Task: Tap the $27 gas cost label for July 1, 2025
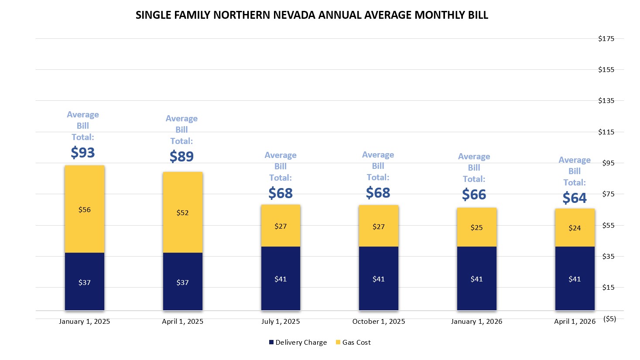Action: pos(281,226)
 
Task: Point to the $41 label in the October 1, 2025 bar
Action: pos(379,279)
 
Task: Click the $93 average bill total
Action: pos(83,152)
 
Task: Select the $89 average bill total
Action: pos(181,156)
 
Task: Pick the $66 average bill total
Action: pos(474,194)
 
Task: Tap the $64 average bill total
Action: pos(575,198)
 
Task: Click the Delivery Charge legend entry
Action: pos(298,343)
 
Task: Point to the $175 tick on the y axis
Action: pos(606,38)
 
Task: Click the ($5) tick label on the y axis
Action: pos(609,319)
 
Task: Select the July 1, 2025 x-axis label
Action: pos(281,322)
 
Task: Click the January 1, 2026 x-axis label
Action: pos(476,322)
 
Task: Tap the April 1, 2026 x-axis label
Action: pos(575,322)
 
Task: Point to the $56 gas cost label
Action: pos(85,209)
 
